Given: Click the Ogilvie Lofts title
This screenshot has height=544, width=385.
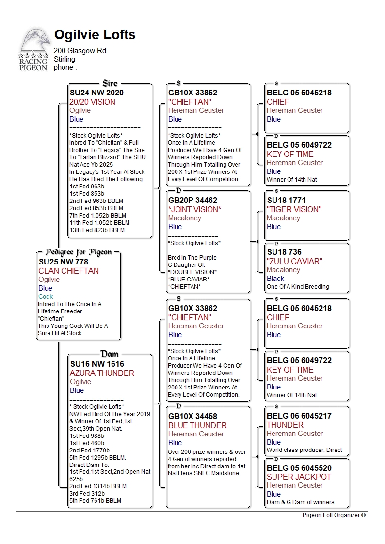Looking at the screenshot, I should [x=95, y=35].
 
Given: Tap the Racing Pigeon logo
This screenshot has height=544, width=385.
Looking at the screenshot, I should [x=33, y=50].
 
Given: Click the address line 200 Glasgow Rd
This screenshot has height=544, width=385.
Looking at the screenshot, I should [x=80, y=51].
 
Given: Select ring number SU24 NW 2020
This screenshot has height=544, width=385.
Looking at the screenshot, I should [x=96, y=93].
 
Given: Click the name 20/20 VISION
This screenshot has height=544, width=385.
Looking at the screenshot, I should [x=92, y=102].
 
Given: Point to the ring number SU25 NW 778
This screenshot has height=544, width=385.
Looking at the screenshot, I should [x=64, y=262].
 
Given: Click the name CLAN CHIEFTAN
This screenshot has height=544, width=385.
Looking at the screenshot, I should [x=68, y=271].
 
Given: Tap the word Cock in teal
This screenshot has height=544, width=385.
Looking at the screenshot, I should [x=46, y=296].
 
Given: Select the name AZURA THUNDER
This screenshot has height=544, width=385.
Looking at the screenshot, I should [x=102, y=373].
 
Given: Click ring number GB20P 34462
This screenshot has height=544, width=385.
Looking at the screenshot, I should [x=192, y=200].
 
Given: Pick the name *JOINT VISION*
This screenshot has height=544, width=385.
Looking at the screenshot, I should [x=194, y=209].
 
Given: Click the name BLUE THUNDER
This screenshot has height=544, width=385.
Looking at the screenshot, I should [x=197, y=425].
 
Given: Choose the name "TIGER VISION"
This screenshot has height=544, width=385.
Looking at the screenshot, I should [x=294, y=209].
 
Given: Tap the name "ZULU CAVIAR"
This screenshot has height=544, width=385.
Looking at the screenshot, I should [x=294, y=261].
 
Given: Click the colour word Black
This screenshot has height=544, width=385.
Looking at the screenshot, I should [x=275, y=279].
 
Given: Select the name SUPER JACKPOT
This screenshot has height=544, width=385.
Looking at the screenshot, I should [x=299, y=477].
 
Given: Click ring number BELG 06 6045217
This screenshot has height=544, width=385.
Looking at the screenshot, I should [x=299, y=416].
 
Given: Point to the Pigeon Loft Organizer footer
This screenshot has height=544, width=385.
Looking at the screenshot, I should [x=334, y=515].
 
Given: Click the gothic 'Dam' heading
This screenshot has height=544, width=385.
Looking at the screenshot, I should [x=110, y=354].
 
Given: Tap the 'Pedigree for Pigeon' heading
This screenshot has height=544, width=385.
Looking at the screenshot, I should [x=79, y=252].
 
